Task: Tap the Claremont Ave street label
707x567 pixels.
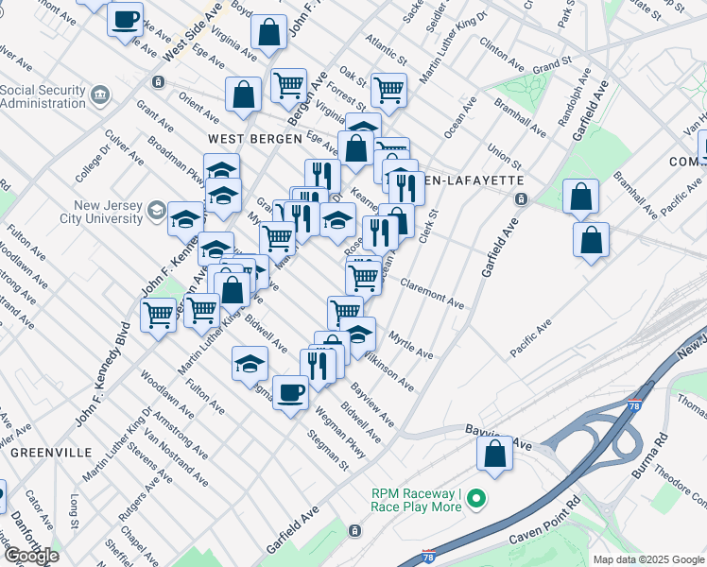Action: click(x=431, y=293)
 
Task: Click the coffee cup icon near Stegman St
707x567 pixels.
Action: click(x=290, y=392)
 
